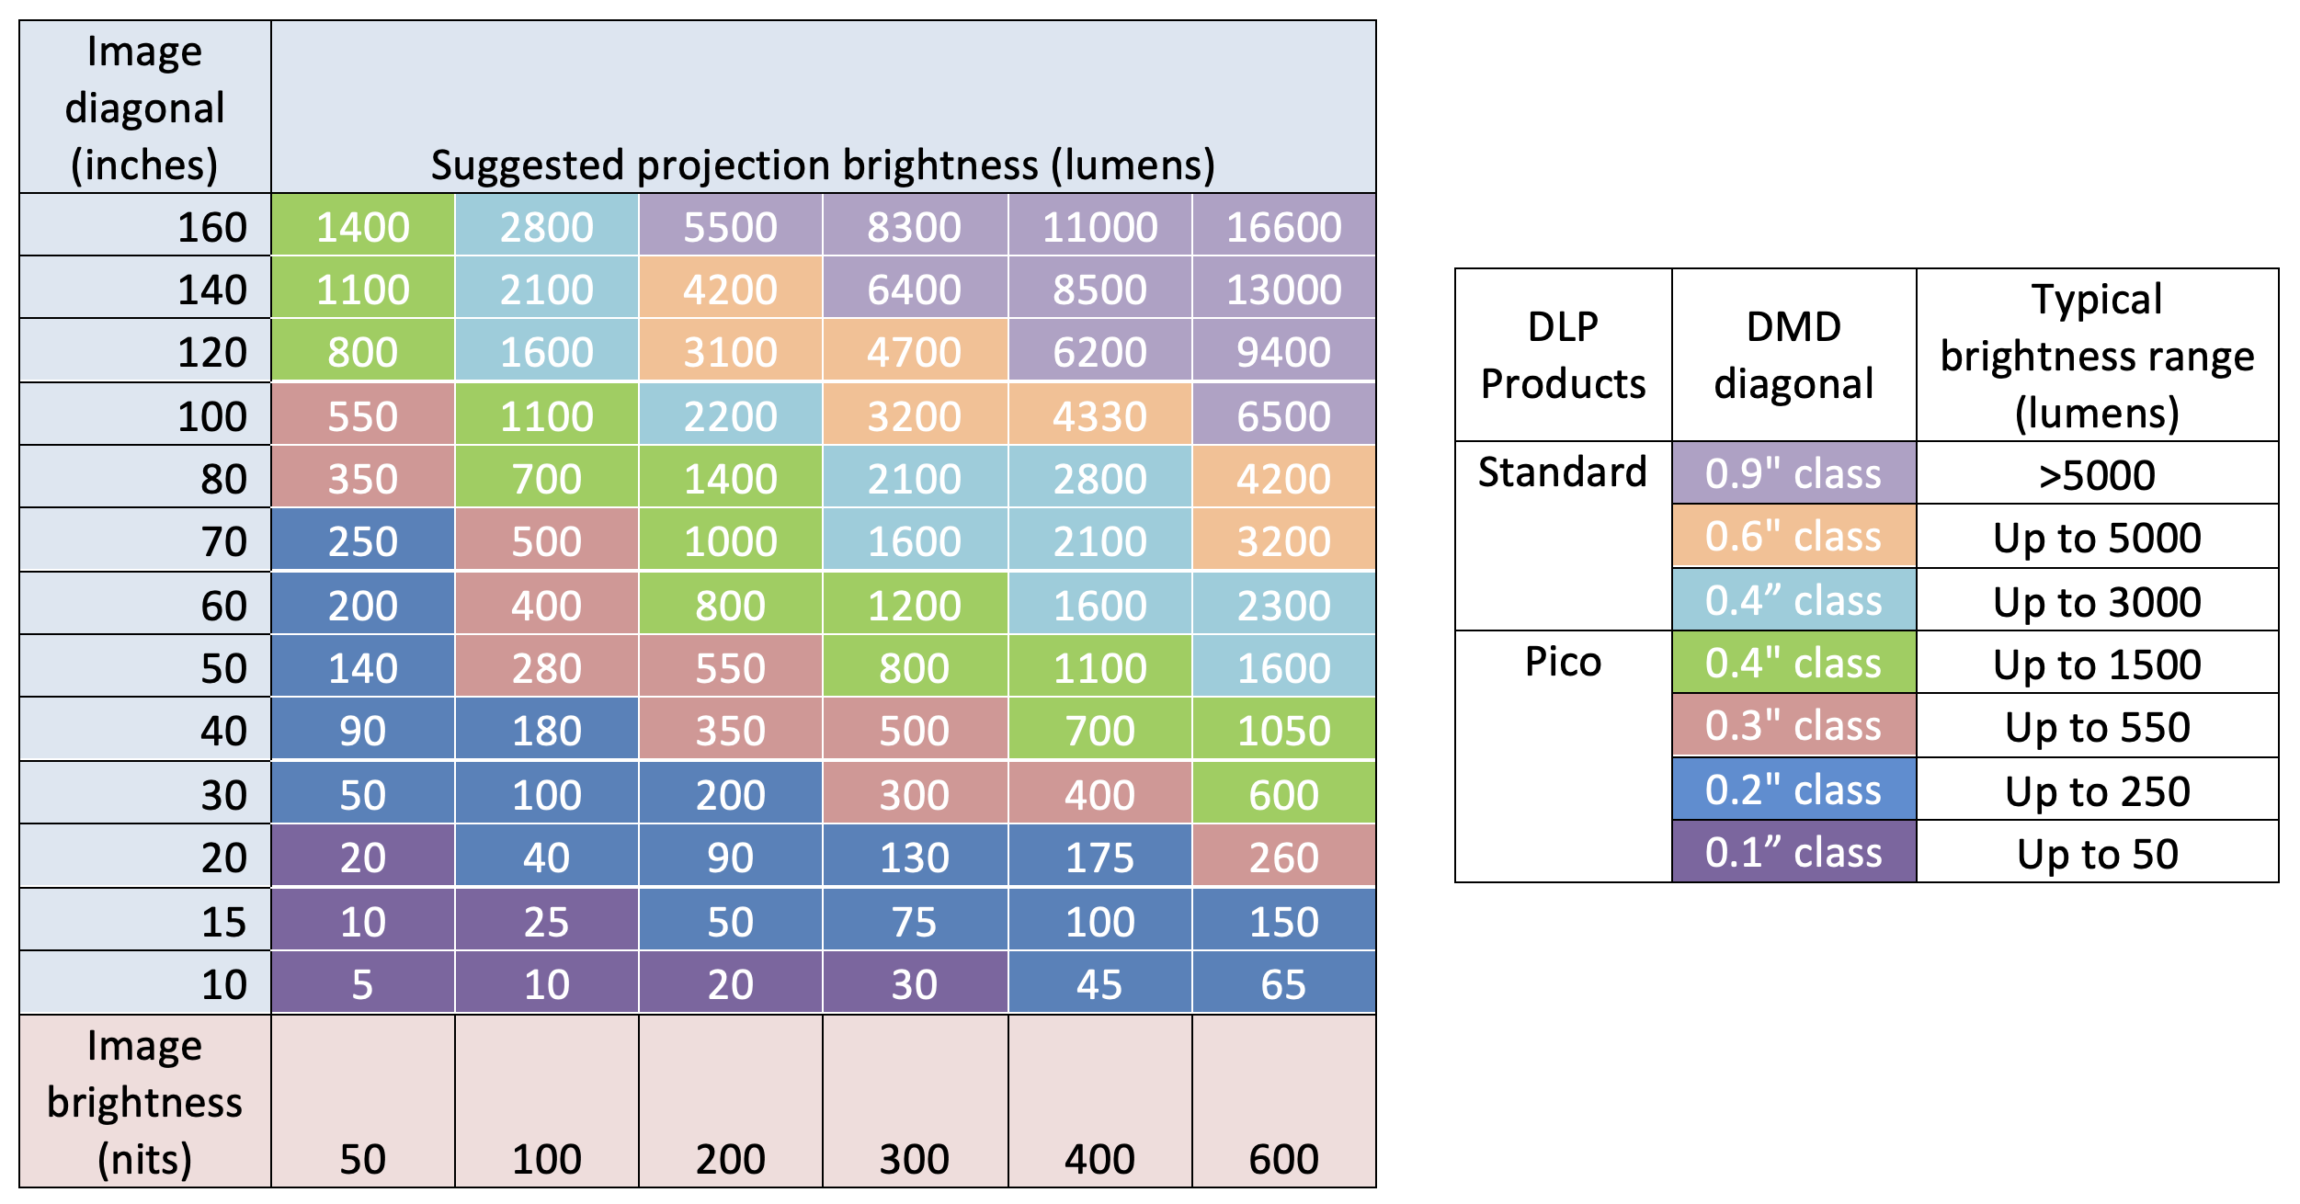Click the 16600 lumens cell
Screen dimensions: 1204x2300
tap(1283, 227)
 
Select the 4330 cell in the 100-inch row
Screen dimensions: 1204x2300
tap(1099, 416)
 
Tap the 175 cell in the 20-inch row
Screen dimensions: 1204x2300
tap(1099, 858)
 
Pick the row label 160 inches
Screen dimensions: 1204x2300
tap(211, 227)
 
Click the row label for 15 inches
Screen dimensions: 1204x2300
tap(223, 921)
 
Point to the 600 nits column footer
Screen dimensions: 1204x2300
tap(1283, 1158)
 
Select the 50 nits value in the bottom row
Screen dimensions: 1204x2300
tap(362, 1158)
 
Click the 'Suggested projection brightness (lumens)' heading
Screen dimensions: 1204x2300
tap(823, 165)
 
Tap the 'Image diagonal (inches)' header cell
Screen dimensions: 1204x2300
tap(144, 108)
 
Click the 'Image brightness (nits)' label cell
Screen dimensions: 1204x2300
tap(144, 1101)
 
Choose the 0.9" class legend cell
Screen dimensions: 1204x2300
tap(1793, 474)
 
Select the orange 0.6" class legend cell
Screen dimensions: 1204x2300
tap(1793, 537)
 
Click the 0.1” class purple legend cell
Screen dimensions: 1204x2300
tap(1793, 853)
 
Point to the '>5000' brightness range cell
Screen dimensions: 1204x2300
tap(2096, 475)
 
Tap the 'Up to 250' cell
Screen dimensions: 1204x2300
tap(2096, 791)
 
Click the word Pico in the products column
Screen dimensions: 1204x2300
tap(1563, 662)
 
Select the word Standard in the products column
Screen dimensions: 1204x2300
tap(1562, 472)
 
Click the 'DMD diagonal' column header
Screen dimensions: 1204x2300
tap(1793, 355)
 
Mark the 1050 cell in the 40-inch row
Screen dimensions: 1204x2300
tap(1283, 731)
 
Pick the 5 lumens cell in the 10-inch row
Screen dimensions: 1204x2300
tap(362, 984)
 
